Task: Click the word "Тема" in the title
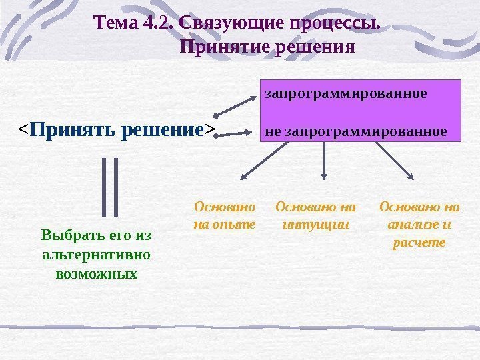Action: (x=116, y=24)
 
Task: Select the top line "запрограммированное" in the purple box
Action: (x=345, y=93)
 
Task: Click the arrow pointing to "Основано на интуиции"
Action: (x=324, y=162)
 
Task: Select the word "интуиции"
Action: (x=315, y=224)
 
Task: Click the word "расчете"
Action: (x=419, y=243)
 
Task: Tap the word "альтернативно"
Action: (x=95, y=254)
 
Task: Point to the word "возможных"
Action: (x=96, y=273)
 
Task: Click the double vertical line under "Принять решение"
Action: (x=109, y=187)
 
